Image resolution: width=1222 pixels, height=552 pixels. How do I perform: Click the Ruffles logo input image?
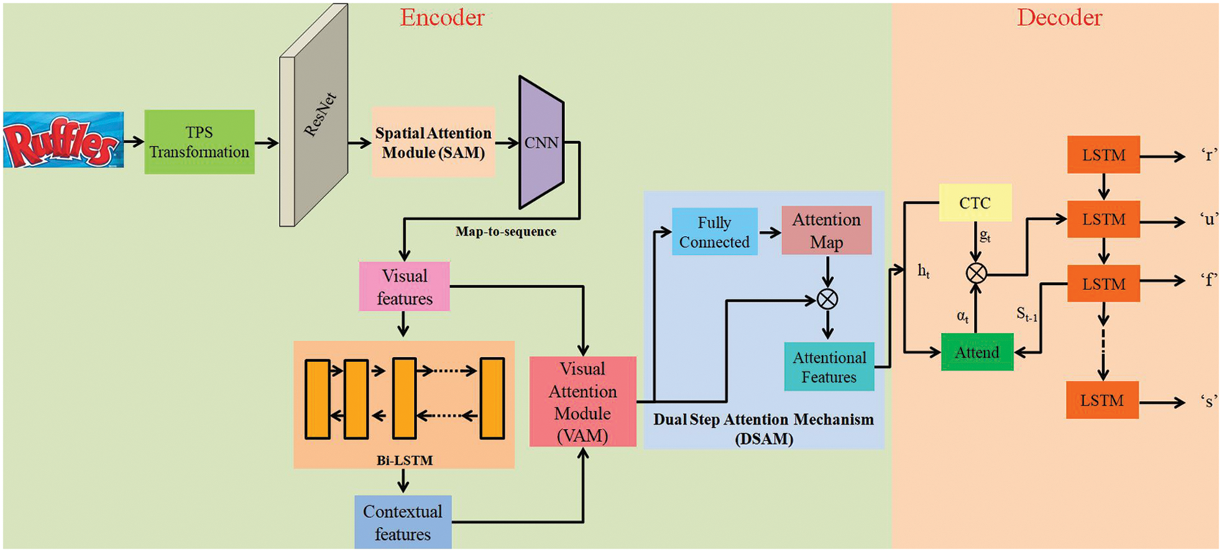point(63,140)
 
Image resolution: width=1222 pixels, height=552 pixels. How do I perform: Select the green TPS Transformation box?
point(199,142)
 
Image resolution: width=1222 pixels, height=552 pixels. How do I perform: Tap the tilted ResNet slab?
point(314,115)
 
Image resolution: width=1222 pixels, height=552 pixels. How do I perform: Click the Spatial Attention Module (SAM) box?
point(433,142)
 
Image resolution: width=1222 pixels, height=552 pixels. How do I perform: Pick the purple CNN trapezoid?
point(541,142)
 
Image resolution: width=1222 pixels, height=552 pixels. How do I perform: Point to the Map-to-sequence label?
point(505,232)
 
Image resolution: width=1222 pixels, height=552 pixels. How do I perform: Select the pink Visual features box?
point(404,286)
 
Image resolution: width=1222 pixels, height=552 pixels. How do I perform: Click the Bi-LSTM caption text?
point(405,461)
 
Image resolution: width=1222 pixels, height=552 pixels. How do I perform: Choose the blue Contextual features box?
point(403,522)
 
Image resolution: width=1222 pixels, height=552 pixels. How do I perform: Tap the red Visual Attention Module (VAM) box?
point(582,402)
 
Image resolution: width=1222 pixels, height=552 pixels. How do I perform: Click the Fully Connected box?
point(714,232)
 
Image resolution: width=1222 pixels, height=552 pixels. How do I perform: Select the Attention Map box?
point(826,231)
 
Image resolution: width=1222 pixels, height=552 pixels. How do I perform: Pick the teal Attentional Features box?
point(829,367)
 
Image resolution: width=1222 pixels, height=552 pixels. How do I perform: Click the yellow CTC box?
point(975,203)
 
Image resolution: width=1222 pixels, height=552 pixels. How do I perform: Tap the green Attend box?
point(977,353)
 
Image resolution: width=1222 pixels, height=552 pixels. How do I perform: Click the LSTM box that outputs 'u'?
point(1103,220)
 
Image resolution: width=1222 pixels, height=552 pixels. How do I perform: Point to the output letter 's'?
point(1208,402)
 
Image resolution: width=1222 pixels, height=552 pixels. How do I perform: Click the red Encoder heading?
point(442,18)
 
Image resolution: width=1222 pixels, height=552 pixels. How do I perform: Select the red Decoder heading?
point(1059,18)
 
